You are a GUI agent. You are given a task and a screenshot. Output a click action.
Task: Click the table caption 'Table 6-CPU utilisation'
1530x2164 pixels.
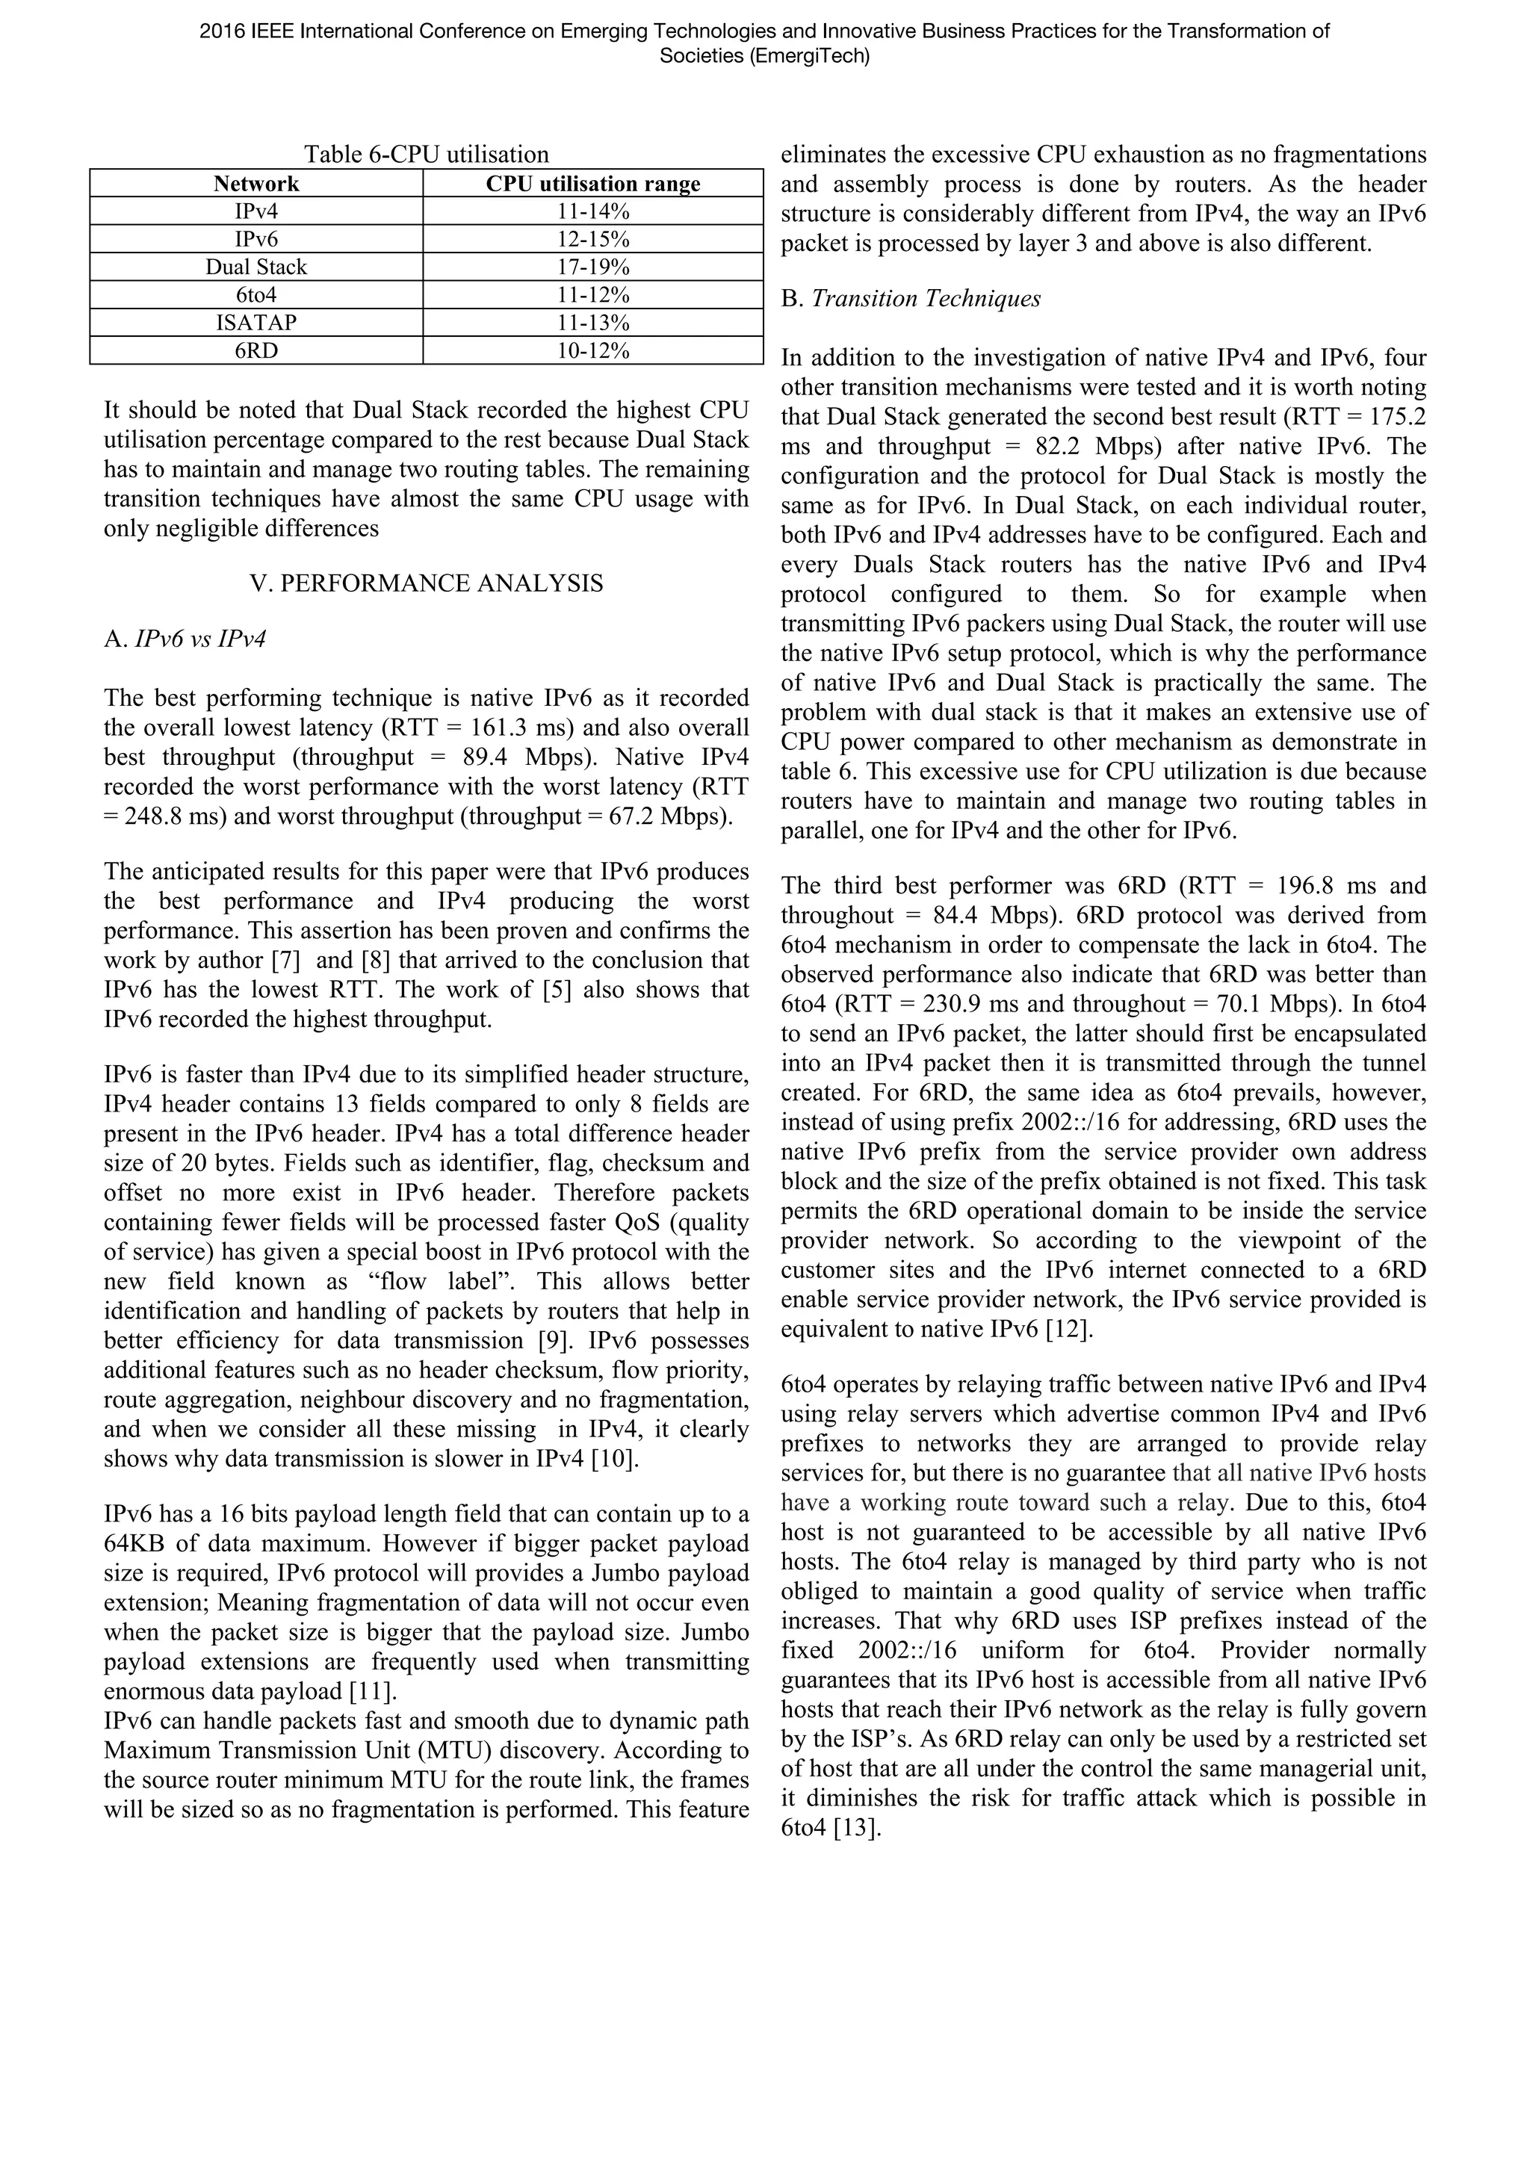pos(426,155)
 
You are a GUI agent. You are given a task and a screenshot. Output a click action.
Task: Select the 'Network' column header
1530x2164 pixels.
pos(255,184)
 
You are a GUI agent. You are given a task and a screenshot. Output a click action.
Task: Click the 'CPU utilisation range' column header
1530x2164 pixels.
pos(593,184)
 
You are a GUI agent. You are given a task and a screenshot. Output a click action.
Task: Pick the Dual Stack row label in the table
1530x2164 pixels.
pos(255,267)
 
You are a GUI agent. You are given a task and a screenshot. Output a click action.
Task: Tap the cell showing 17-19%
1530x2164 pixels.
pos(593,267)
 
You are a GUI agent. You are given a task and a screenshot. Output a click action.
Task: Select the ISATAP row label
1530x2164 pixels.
pos(255,323)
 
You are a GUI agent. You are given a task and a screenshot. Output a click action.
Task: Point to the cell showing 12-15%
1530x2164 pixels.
pos(593,239)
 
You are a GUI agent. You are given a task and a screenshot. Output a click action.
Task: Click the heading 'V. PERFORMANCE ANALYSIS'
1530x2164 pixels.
pos(426,583)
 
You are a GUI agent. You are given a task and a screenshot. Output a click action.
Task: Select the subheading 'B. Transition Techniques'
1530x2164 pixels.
pos(911,299)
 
